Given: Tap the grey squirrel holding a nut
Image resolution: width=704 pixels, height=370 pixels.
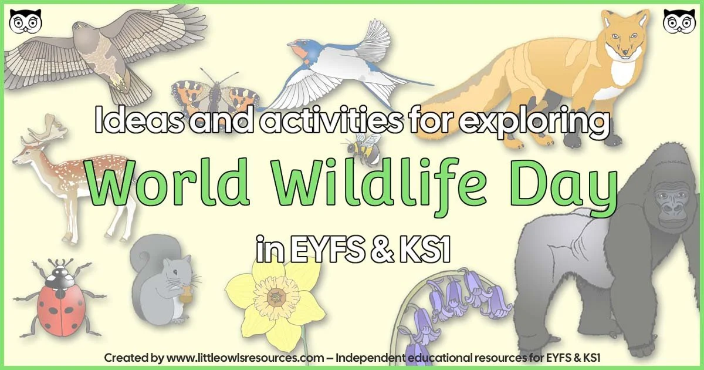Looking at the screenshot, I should pos(164,280).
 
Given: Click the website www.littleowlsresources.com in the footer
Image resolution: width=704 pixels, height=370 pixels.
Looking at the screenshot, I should pos(245,357).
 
